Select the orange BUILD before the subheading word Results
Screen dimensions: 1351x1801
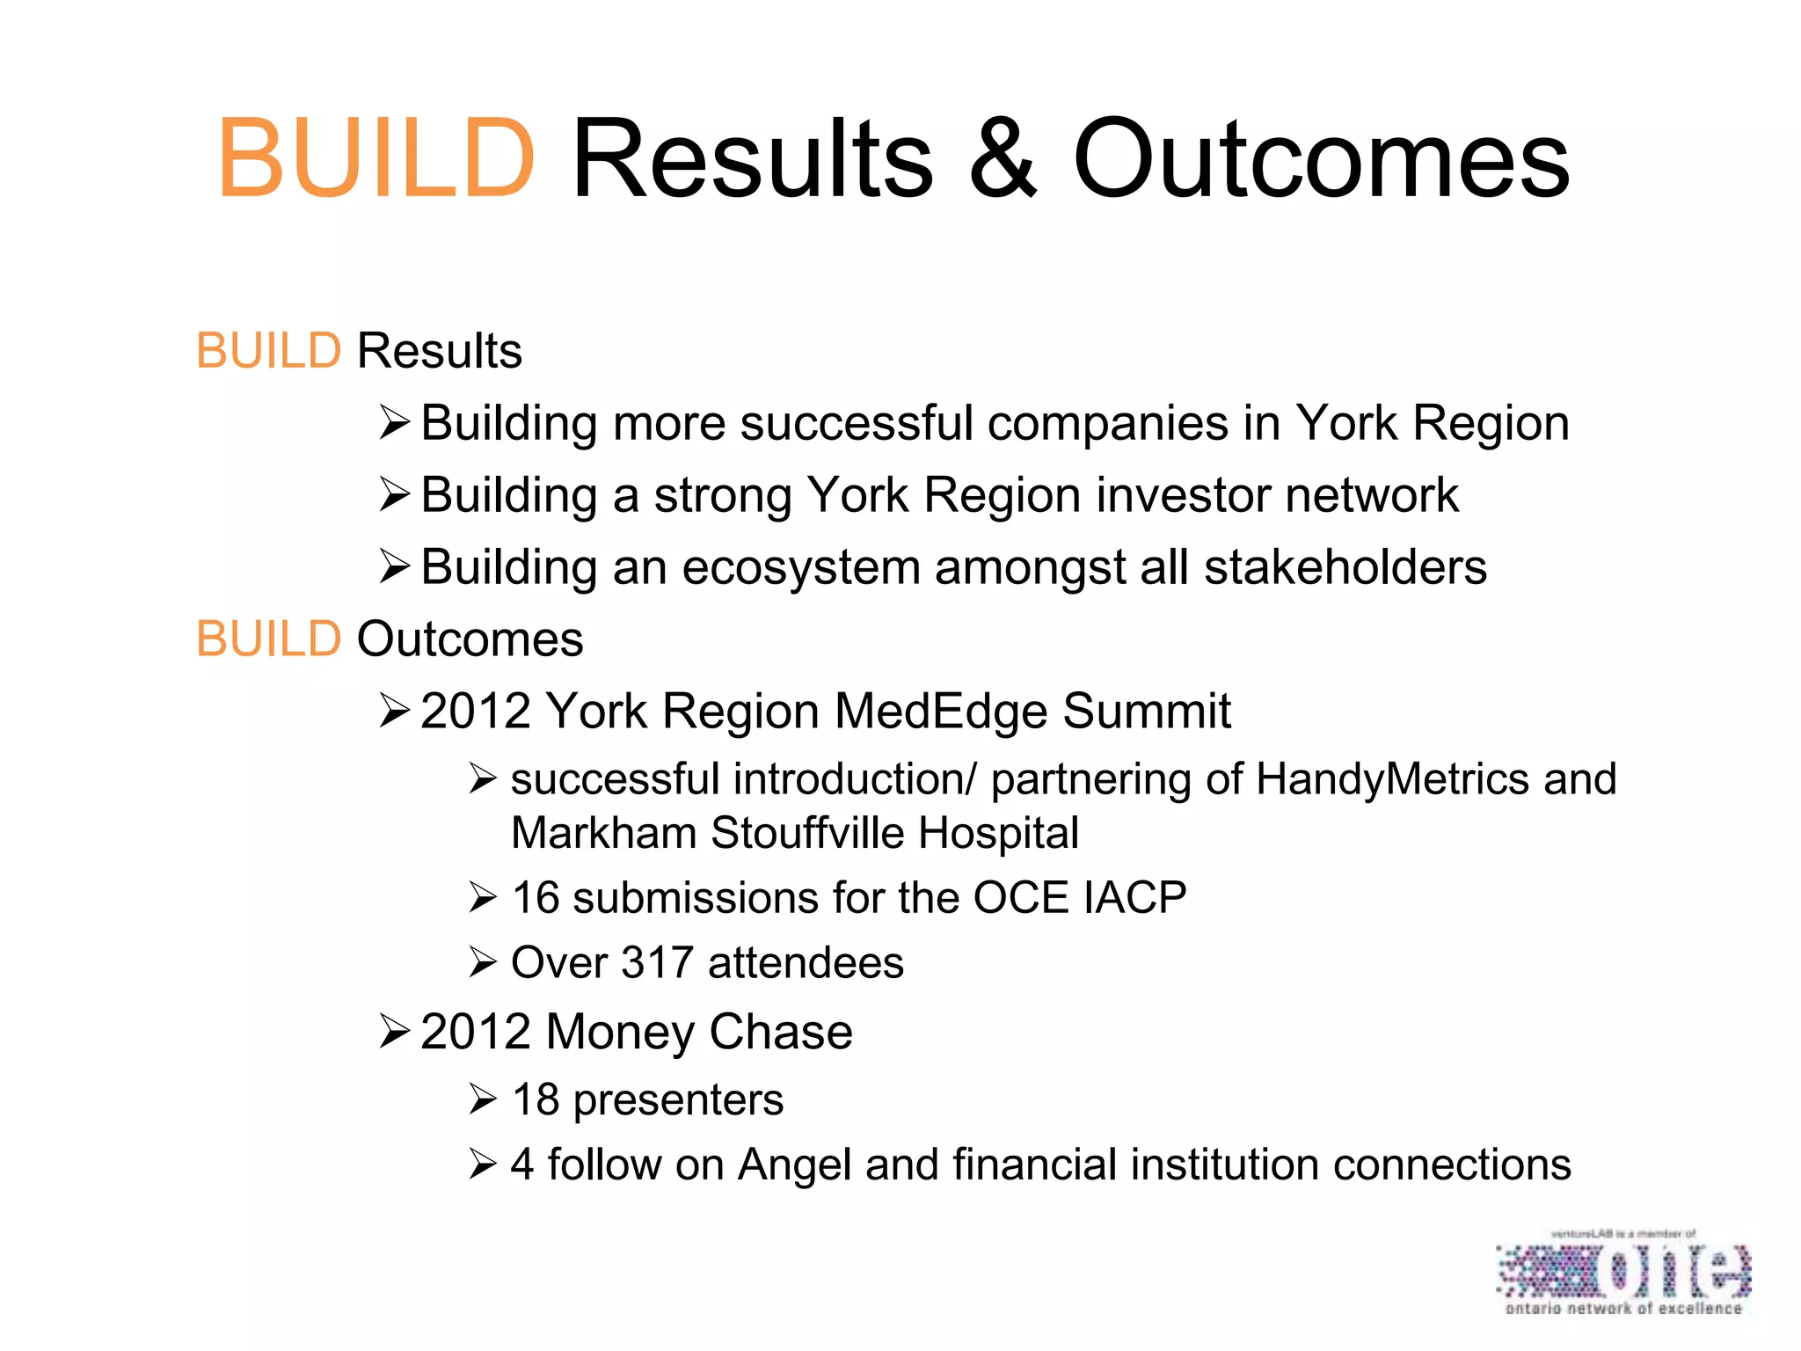[268, 351]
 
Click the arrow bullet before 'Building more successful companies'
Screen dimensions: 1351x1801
[395, 423]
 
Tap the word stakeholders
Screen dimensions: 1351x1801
[1345, 567]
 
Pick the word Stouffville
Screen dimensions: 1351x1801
[807, 833]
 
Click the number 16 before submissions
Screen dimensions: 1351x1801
[536, 898]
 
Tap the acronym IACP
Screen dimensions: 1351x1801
[1134, 898]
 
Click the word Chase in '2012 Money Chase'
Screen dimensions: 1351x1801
[780, 1032]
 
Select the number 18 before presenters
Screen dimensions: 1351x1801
[536, 1099]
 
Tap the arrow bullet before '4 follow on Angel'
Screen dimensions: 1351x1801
[483, 1165]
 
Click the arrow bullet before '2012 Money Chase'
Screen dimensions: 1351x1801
[395, 1032]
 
